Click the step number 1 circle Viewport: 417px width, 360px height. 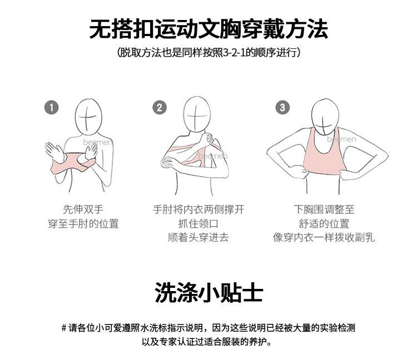[51, 108]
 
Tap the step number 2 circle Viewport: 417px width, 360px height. [160, 108]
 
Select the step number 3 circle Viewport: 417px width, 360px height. [282, 108]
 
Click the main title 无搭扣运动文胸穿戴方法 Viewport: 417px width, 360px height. [209, 29]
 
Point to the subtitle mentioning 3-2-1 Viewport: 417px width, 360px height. [209, 52]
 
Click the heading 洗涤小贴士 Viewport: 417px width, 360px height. [209, 292]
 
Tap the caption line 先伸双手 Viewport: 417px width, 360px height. [83, 209]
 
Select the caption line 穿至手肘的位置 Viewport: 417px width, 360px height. [83, 223]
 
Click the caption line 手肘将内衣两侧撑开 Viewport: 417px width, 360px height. [198, 209]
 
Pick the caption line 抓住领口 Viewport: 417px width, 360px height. [198, 223]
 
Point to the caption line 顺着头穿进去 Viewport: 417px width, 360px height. [198, 237]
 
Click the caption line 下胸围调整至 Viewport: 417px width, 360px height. [324, 209]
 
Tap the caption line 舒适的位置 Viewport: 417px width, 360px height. [324, 223]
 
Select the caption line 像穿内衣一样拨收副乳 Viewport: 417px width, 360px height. [324, 237]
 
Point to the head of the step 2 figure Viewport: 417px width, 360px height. [197, 114]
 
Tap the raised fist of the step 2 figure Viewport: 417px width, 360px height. [206, 139]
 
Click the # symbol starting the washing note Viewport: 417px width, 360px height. [64, 328]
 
